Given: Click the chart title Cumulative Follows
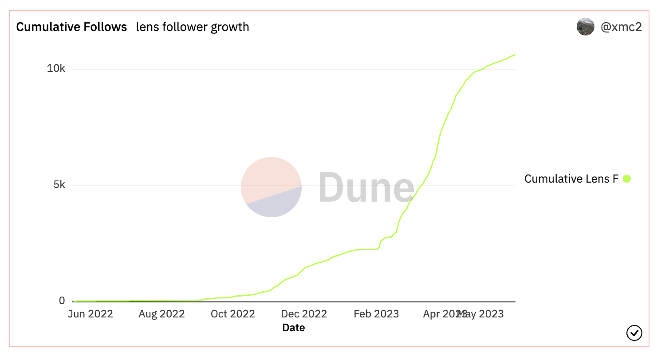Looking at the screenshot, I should click(x=71, y=27).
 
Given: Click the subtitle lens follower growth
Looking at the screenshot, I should click(x=193, y=27).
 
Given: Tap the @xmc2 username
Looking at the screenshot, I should click(x=621, y=27).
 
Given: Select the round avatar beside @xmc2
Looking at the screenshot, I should click(x=586, y=27).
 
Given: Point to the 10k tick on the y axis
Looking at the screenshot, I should click(x=56, y=69).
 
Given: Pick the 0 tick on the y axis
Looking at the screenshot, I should click(x=62, y=301).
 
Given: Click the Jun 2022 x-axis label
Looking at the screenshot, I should click(x=90, y=314).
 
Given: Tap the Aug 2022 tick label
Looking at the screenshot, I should click(x=161, y=314).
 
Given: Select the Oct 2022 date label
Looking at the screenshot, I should click(x=233, y=314).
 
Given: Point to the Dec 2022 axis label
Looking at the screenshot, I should click(x=304, y=314).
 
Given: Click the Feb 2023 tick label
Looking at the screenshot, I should click(x=376, y=314).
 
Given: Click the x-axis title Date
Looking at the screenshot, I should click(x=294, y=328).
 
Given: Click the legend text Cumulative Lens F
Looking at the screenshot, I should click(x=571, y=179).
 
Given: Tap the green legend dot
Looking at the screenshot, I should click(x=627, y=179).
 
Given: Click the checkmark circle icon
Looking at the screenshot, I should click(x=634, y=333).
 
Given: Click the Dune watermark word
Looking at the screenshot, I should click(x=366, y=187).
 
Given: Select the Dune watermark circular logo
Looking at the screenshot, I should click(x=271, y=187).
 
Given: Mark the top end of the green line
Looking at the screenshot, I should click(x=515, y=55).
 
